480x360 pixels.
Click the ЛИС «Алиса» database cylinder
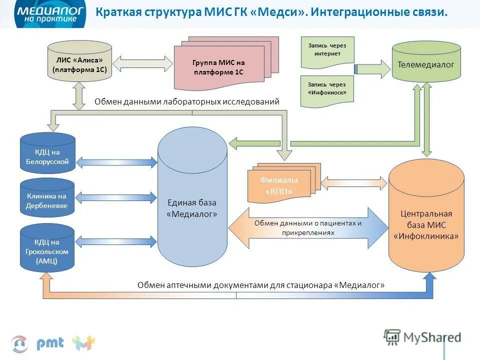(79, 62)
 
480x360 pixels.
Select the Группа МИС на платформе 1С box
(219, 67)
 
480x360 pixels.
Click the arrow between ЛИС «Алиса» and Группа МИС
(143, 63)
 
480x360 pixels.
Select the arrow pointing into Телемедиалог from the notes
(372, 68)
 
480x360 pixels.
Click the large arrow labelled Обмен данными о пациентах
(307, 227)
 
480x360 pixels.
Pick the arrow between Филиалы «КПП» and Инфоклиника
(354, 182)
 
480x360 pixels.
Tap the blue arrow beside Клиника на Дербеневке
(116, 197)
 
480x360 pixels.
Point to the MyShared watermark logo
(422, 337)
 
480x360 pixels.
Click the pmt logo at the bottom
(50, 343)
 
